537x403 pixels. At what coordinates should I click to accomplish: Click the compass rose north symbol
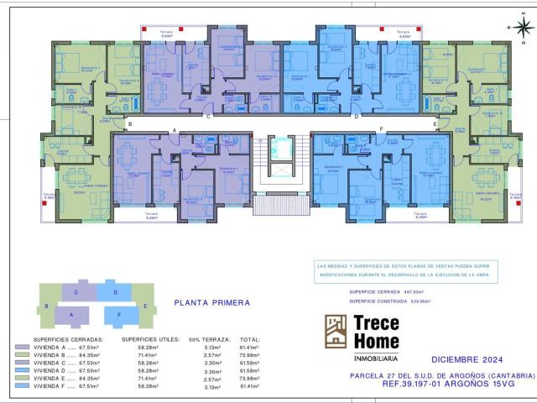[x=524, y=28]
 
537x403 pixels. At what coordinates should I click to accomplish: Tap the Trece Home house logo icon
[x=336, y=331]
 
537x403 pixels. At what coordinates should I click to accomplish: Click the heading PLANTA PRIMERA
[x=211, y=302]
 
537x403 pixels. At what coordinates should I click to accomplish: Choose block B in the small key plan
[x=48, y=306]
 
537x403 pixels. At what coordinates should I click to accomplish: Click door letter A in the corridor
[x=174, y=130]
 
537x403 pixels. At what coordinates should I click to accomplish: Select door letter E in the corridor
[x=435, y=124]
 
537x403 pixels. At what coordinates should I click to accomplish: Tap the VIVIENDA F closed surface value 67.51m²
[x=88, y=387]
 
